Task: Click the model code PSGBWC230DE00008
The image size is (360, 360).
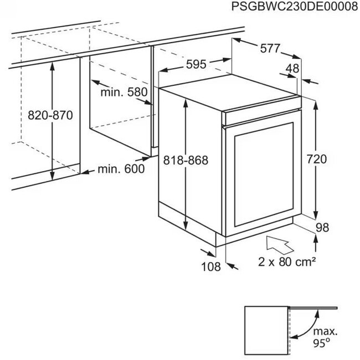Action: click(295, 7)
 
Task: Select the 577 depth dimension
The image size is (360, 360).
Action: click(270, 48)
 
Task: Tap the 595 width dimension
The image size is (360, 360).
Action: click(196, 64)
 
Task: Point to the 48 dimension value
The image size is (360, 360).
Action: click(292, 69)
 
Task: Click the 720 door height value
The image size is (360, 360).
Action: click(317, 159)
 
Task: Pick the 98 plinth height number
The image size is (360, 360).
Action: click(322, 228)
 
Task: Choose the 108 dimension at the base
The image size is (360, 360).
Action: click(211, 267)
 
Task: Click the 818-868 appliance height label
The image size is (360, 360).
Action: click(186, 160)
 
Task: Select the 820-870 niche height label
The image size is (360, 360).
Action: click(50, 115)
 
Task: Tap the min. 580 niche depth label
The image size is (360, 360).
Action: click(124, 92)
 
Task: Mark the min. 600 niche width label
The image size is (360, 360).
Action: click(121, 169)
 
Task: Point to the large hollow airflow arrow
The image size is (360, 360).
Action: click(279, 245)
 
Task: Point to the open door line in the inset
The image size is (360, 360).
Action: click(313, 307)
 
